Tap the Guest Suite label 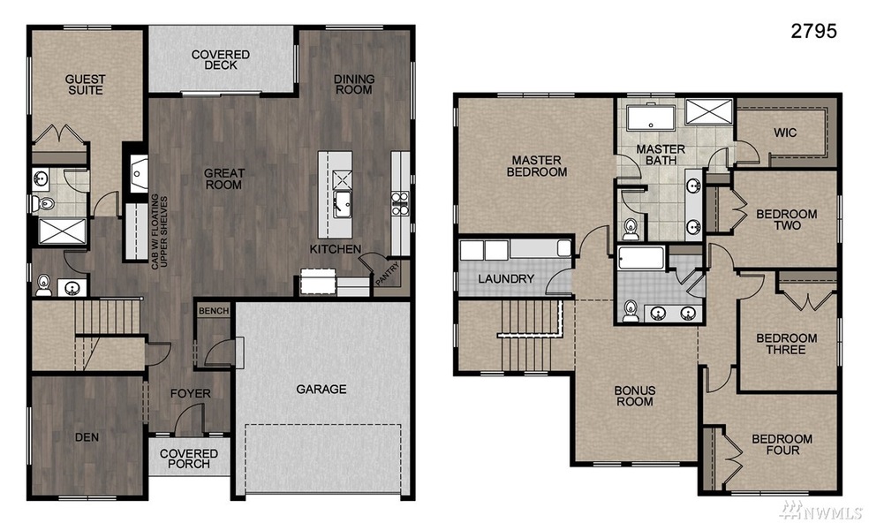(x=85, y=85)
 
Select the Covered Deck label (x=221, y=59)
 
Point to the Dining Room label (x=354, y=84)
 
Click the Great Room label (x=223, y=179)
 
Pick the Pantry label (x=387, y=276)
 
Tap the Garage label (x=321, y=389)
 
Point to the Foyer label (x=190, y=393)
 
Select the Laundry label (x=506, y=279)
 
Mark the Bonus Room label (x=634, y=395)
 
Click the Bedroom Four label (x=782, y=444)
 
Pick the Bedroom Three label (x=786, y=344)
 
